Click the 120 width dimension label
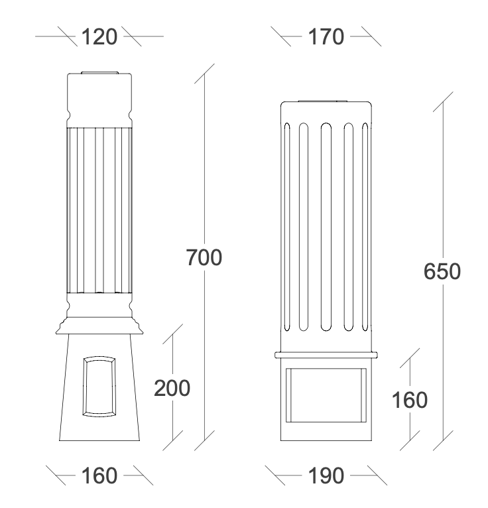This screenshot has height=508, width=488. (99, 36)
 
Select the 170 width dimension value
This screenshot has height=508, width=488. (326, 36)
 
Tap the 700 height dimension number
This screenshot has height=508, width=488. (204, 257)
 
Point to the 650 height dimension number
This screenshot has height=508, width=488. (442, 271)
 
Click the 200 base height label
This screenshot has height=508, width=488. (172, 388)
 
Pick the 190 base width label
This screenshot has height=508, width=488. (326, 476)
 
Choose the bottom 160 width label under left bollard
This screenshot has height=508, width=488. (99, 476)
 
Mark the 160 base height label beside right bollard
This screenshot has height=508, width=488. (410, 400)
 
